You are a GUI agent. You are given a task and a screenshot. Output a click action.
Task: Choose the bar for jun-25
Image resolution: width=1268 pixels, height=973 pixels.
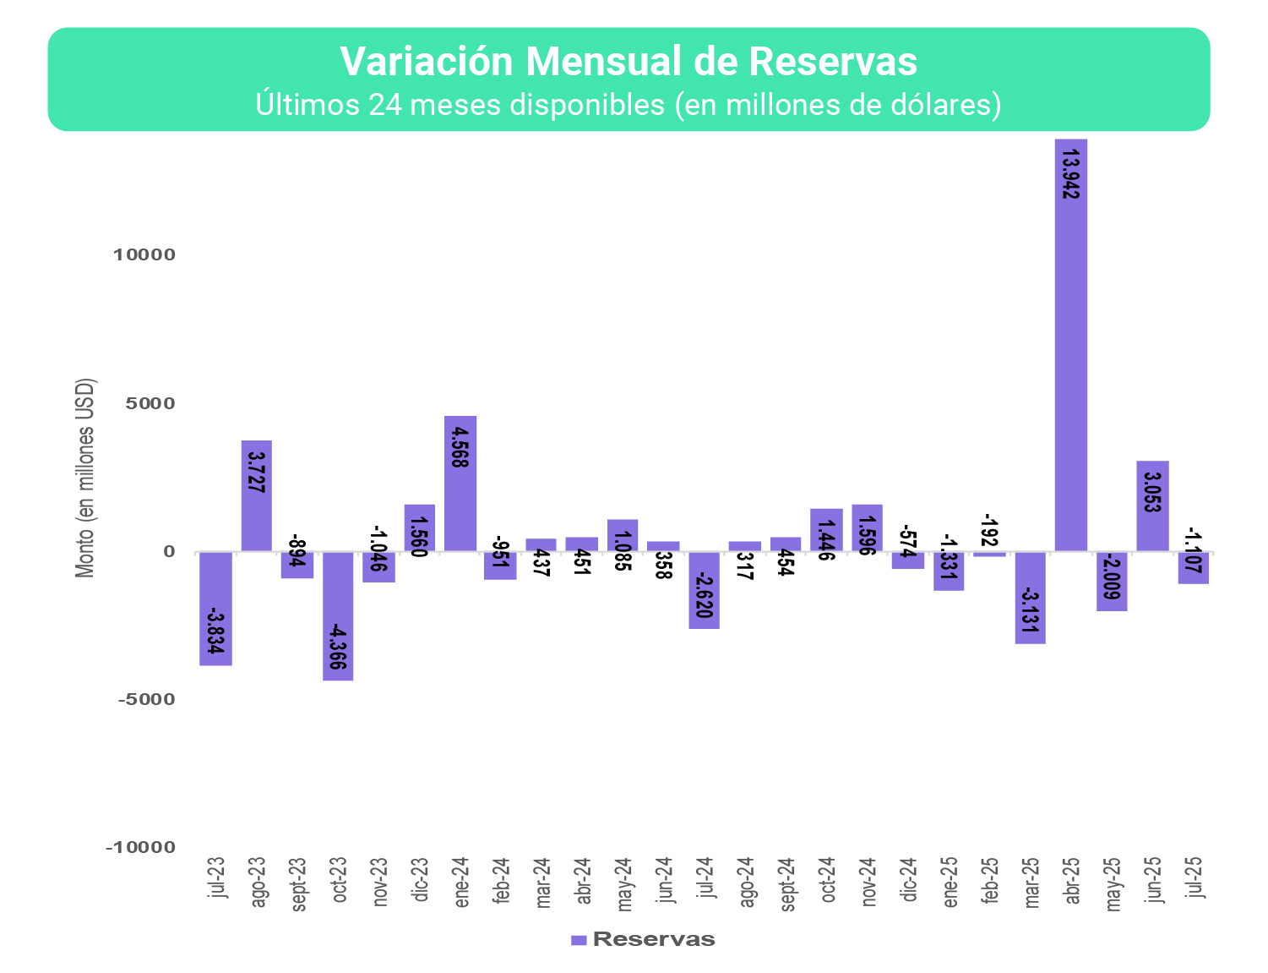pyautogui.click(x=1152, y=524)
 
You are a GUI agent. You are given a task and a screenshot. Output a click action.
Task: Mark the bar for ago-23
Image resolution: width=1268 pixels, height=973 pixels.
pyautogui.click(x=257, y=516)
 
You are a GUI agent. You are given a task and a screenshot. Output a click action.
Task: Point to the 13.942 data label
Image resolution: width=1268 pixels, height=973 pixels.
pyautogui.click(x=1070, y=174)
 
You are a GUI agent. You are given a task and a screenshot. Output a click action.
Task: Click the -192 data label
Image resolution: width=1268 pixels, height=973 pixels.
pyautogui.click(x=990, y=530)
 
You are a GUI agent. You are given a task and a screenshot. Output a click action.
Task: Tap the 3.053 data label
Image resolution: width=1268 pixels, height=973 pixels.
pyautogui.click(x=1152, y=489)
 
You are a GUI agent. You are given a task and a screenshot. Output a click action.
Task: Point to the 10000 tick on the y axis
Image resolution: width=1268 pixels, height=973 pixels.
pyautogui.click(x=144, y=255)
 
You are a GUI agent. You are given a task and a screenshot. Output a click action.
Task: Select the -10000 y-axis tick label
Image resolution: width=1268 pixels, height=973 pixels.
pyautogui.click(x=140, y=848)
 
